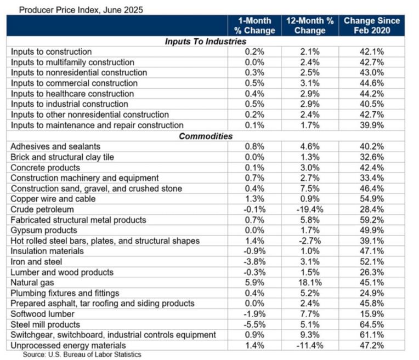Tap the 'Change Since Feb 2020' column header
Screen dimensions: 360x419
(x=372, y=26)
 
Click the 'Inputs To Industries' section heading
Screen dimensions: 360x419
(x=206, y=41)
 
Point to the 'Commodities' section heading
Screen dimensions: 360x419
(x=206, y=136)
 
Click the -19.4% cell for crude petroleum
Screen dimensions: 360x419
(x=309, y=209)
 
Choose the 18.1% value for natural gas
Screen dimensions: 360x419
(x=309, y=283)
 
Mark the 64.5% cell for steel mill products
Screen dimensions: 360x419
(x=372, y=324)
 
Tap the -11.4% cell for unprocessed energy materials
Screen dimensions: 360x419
(x=309, y=345)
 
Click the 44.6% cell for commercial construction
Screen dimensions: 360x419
(x=372, y=83)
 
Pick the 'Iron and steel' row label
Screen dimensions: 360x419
(x=36, y=262)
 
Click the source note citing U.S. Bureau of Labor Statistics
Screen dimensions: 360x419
(x=82, y=355)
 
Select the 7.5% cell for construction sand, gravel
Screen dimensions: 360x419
(x=309, y=188)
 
